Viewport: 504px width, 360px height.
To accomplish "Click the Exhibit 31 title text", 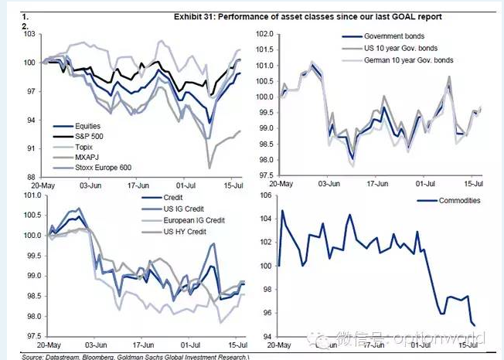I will coord(258,15).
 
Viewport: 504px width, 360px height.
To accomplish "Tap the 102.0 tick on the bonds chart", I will coord(264,35).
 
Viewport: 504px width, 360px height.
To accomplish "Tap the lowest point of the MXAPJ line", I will coord(209,167).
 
